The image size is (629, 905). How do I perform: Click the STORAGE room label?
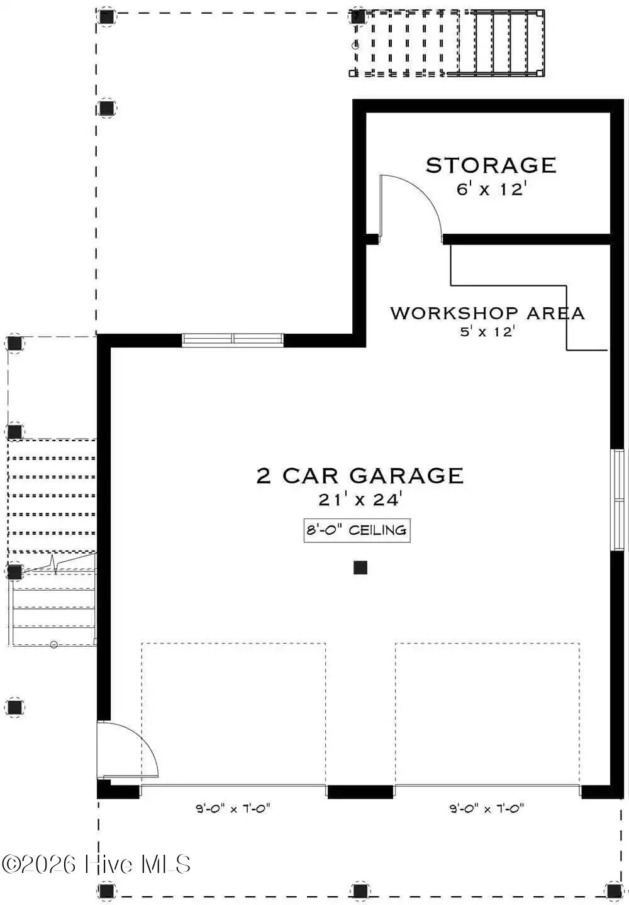491,165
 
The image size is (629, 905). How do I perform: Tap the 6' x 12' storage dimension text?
491,189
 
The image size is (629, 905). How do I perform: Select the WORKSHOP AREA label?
487,313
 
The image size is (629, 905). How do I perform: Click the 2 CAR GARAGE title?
360,476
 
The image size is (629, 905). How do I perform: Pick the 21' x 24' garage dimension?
360,500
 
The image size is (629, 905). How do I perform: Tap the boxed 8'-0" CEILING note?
357,530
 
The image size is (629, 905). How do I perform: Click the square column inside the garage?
360,568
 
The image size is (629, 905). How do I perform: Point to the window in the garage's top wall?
233,339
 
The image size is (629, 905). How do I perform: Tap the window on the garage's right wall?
618,500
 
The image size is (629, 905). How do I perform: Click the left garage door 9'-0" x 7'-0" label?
233,809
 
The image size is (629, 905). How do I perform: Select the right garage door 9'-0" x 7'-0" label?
487,809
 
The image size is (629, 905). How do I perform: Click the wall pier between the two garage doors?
360,792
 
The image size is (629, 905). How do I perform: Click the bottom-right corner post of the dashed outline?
613,890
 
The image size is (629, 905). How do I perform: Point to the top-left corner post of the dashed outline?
106,16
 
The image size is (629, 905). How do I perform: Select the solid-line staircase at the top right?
500,43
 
